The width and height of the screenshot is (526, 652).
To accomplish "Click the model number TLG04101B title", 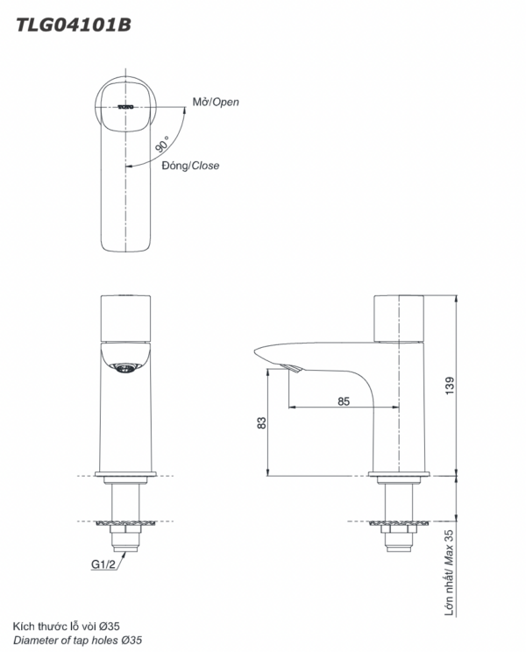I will point(75,25).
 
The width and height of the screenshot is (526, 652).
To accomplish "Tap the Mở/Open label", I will point(216,103).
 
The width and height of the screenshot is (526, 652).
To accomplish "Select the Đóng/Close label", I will point(191,166).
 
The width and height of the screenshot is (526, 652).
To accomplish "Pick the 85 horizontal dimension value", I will point(343,400).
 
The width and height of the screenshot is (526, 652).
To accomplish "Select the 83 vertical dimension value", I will point(261,423).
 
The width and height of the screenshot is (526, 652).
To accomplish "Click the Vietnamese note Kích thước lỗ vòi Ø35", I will point(66,626).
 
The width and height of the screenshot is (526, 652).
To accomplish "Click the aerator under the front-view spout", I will point(125,369).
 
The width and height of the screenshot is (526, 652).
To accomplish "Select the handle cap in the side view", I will point(399,318).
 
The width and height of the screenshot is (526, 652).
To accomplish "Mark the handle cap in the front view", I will point(125,318).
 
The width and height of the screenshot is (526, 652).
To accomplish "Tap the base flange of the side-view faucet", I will point(399,476).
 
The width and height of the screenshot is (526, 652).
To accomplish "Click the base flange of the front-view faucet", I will point(125,476).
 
